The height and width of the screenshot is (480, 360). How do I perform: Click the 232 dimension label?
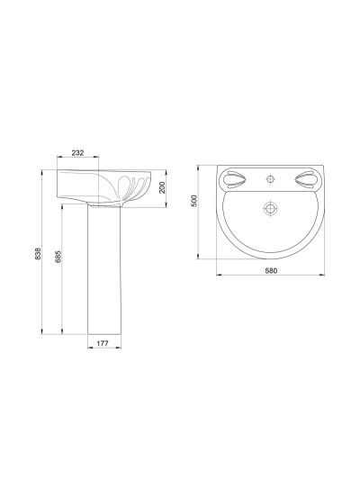point(77,152)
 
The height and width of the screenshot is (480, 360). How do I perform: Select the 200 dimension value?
point(162,187)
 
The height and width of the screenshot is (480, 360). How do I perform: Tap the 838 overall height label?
point(38,254)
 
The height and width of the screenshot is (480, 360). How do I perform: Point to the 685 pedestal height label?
point(58,257)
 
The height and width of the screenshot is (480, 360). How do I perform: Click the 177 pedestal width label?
point(103,343)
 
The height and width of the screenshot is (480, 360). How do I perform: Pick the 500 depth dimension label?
point(194,201)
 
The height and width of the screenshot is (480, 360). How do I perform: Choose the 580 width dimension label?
point(271,270)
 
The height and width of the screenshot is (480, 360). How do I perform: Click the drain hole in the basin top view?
point(270,208)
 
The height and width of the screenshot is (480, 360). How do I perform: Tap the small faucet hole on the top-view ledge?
point(270,178)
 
